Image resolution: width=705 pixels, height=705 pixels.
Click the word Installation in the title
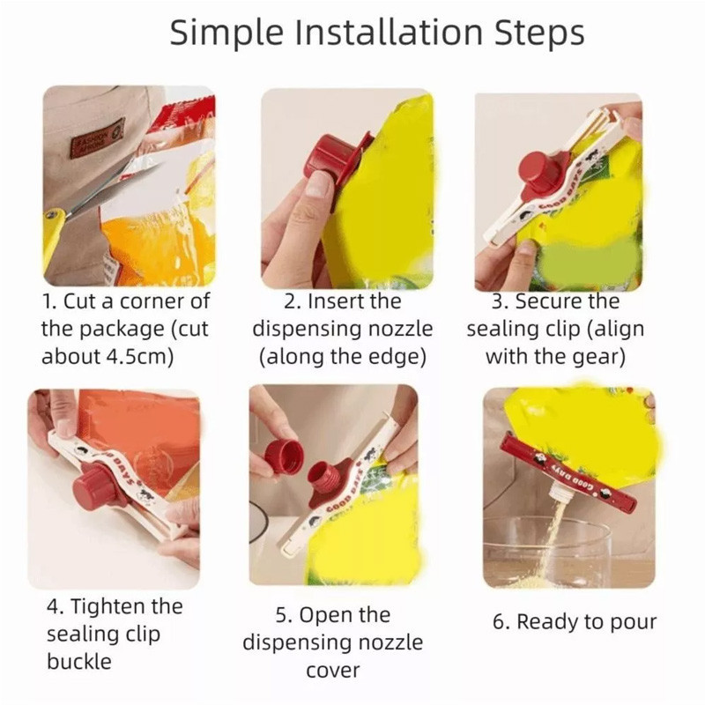click(x=389, y=33)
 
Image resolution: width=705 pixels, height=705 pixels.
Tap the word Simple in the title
click(x=226, y=33)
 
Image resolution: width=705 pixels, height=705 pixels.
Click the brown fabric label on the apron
click(x=97, y=137)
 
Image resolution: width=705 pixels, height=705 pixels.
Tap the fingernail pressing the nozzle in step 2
click(x=317, y=184)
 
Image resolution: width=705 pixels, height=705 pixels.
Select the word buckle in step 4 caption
click(x=79, y=662)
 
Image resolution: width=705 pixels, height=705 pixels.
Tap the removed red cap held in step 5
click(x=284, y=456)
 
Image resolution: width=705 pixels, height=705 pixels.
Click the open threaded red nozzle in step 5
click(x=323, y=476)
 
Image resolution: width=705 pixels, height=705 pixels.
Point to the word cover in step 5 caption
click(x=333, y=671)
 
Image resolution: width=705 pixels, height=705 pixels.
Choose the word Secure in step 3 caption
click(x=545, y=301)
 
